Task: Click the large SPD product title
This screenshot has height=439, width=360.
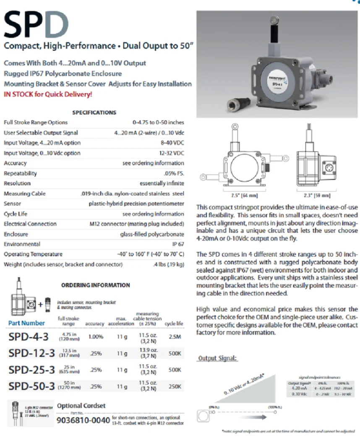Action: coord(36,24)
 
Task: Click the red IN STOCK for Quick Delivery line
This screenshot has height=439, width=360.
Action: coord(48,94)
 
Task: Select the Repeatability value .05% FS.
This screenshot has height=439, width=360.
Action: coord(173,173)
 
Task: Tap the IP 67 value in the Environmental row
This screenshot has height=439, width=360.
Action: coord(178,244)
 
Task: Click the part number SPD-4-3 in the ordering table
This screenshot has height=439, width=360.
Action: coord(29,337)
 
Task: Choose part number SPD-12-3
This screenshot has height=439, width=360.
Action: coord(31,353)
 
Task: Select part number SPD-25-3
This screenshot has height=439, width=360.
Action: coord(31,370)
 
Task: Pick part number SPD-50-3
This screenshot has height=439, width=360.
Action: coord(31,386)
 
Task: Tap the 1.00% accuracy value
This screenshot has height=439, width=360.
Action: coord(96,337)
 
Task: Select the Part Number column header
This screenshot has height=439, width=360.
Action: coord(26,323)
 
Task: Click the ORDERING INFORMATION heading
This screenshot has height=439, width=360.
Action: coord(96,285)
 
